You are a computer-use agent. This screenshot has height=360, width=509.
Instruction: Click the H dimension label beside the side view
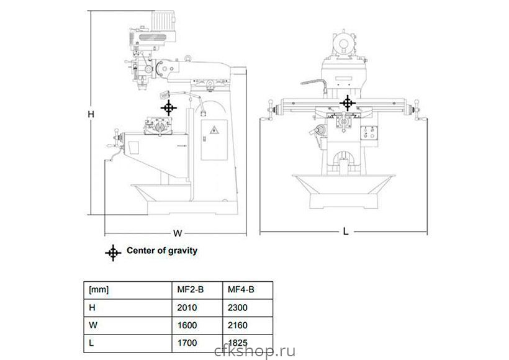click(x=91, y=114)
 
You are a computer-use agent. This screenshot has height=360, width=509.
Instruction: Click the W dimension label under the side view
click(x=178, y=233)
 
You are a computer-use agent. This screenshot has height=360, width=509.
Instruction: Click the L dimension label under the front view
click(x=346, y=232)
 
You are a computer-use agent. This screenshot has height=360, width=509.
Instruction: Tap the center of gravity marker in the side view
click(x=168, y=108)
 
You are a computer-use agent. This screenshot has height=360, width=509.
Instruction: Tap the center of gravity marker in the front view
click(x=348, y=103)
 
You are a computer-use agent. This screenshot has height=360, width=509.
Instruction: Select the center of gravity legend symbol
click(x=113, y=253)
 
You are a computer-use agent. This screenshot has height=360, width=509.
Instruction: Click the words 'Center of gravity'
click(x=162, y=251)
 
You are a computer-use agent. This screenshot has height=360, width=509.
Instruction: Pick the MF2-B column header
click(x=190, y=290)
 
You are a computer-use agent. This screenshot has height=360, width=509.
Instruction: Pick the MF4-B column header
click(x=241, y=290)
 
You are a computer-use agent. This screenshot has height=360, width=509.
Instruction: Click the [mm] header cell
click(x=99, y=290)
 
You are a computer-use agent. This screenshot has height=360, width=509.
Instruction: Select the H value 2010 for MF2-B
click(x=187, y=307)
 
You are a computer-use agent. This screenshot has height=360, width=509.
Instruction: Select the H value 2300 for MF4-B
click(x=238, y=307)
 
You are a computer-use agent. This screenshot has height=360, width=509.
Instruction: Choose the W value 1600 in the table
click(x=187, y=325)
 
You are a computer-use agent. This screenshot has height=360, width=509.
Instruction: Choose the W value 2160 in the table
click(x=238, y=325)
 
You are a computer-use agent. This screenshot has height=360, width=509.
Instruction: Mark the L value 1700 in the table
click(x=187, y=343)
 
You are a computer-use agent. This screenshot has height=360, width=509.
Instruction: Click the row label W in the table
click(x=93, y=325)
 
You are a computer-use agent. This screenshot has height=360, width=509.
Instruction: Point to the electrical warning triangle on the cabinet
click(x=214, y=130)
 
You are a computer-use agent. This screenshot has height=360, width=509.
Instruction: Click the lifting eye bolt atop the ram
click(x=187, y=58)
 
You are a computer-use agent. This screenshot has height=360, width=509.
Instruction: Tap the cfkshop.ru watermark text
click(x=255, y=352)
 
